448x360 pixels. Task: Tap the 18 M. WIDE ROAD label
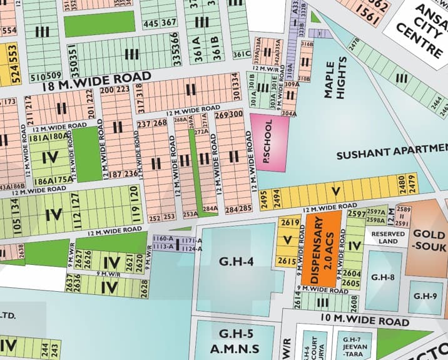[x=97, y=82]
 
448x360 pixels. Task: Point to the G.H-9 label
[x=425, y=294]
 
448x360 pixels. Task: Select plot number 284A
[x=210, y=208]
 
